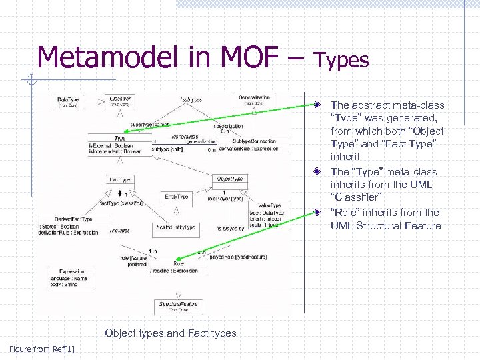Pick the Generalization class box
pyautogui.click(x=253, y=100)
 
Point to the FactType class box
pyautogui.click(x=120, y=179)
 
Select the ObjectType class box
pyautogui.click(x=230, y=179)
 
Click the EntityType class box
pyautogui.click(x=176, y=197)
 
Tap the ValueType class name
pyautogui.click(x=269, y=205)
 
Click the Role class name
pyautogui.click(x=178, y=263)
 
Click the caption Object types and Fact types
pyautogui.click(x=171, y=333)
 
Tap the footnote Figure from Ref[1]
pyautogui.click(x=42, y=349)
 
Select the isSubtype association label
pyautogui.click(x=191, y=99)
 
